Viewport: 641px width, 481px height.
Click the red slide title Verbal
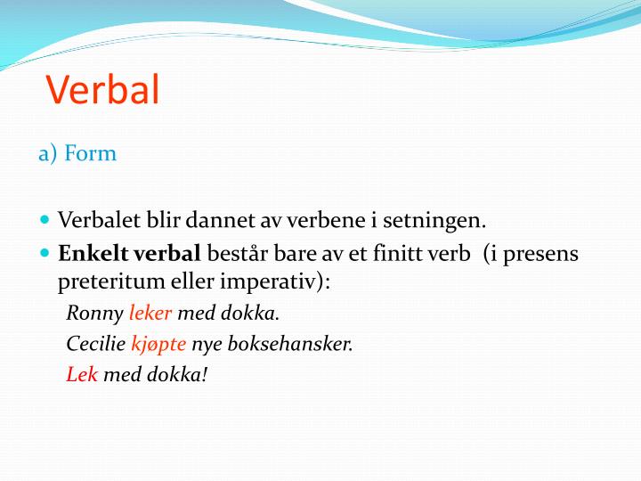(102, 89)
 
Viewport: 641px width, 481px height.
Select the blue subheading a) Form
(77, 153)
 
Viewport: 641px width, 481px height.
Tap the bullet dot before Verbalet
(45, 218)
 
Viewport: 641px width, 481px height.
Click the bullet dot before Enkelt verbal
(45, 253)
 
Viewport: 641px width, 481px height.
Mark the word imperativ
(280, 282)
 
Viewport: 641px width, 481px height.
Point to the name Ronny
(95, 314)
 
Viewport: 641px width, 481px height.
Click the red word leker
(151, 314)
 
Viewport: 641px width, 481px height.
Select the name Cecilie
(96, 344)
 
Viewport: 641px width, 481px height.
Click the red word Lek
(82, 374)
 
